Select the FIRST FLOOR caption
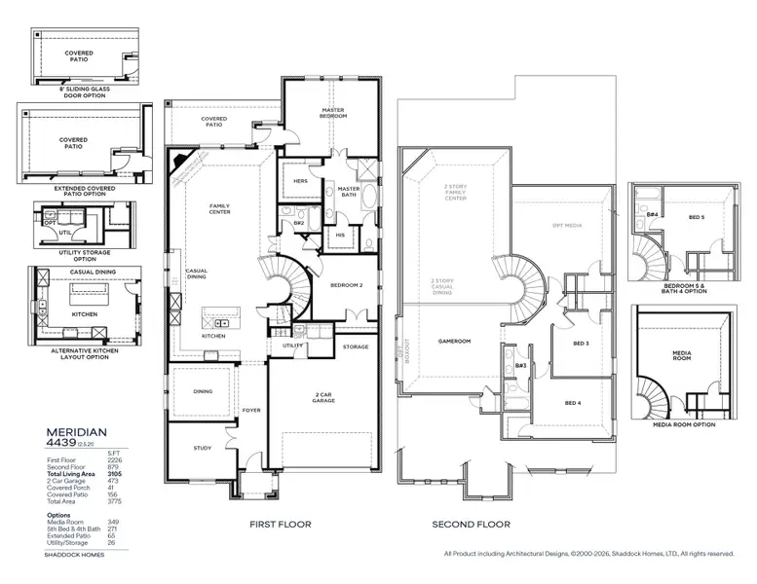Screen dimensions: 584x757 point(280,525)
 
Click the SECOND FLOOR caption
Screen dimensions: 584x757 point(471,525)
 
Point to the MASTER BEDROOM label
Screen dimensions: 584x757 point(333,114)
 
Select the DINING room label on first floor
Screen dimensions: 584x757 point(203,391)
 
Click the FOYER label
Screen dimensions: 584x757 point(252,410)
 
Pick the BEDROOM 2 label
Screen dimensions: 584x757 point(346,285)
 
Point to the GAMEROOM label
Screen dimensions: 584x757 point(454,342)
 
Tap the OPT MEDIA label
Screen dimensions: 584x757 point(567,225)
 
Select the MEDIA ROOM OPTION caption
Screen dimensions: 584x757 point(684,424)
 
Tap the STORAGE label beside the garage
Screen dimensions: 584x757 point(356,347)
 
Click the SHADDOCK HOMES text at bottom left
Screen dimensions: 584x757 point(72,555)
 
